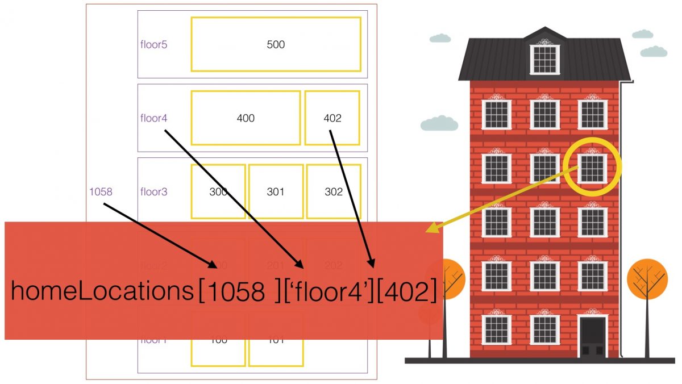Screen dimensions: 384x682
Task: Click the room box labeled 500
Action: pos(276,44)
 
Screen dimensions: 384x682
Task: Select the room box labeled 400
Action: pos(246,118)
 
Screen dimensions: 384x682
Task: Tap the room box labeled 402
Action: pos(332,118)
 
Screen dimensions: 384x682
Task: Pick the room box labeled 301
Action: pos(276,191)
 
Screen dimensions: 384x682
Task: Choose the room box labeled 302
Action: pos(334,191)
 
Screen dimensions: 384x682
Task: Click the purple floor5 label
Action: pos(153,44)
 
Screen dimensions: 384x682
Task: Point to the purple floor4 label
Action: pos(153,118)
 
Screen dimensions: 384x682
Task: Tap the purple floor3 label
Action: pos(153,191)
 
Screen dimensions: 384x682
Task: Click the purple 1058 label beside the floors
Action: pos(101,191)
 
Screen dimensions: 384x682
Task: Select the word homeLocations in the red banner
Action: pos(102,291)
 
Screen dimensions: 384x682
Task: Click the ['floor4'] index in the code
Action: pos(326,291)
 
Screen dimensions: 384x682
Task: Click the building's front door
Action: pos(592,336)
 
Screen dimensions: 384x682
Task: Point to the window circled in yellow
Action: pos(592,168)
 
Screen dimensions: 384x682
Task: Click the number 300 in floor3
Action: pos(218,191)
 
